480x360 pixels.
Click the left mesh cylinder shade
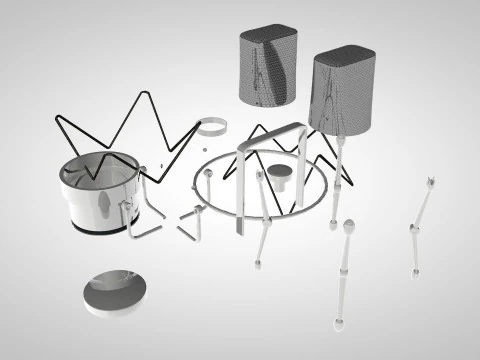(x=268, y=65)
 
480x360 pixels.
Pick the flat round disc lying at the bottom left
(x=116, y=290)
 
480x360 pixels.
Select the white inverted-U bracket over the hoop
(x=272, y=140)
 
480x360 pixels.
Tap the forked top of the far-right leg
(x=430, y=182)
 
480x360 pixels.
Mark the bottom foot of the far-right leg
(x=414, y=272)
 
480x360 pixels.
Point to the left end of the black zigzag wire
(x=55, y=119)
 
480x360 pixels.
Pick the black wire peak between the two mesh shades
(x=262, y=127)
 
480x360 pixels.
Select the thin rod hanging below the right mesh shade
(x=338, y=170)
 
